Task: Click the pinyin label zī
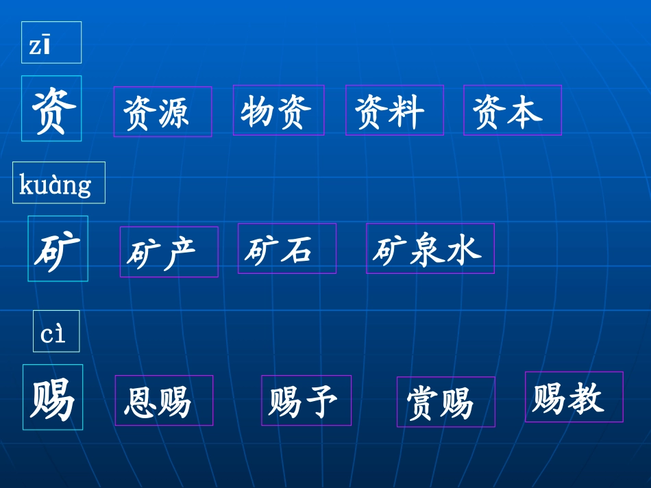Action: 51,42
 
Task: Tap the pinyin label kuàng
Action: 58,183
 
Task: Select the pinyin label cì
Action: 56,331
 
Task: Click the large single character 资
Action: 51,108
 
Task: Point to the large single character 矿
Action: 58,248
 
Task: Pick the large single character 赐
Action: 53,397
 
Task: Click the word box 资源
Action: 162,112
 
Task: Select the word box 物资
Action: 278,110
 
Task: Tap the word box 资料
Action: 394,110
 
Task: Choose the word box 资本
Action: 512,110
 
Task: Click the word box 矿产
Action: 169,252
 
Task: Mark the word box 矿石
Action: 286,248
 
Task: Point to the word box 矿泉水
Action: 430,248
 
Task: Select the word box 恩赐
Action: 163,400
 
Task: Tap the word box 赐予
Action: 306,400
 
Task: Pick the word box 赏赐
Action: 445,402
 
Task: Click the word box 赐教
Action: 574,397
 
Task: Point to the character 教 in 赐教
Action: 587,398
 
